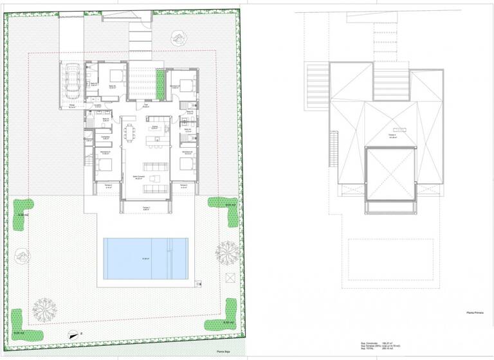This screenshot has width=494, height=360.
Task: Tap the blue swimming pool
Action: point(145,258)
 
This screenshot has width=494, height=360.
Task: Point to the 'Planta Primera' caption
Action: point(475,313)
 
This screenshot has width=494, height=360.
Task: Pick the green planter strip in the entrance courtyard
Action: point(160,82)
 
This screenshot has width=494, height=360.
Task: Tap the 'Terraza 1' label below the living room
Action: point(145,208)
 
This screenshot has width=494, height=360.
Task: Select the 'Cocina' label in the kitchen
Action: point(154,127)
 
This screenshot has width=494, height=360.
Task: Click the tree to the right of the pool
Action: point(226,251)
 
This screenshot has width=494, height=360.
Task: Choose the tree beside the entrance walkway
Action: point(175,39)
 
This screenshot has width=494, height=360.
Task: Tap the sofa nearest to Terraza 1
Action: point(155,188)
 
